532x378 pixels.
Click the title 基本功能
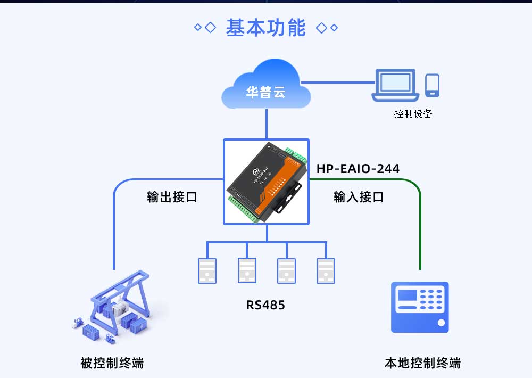265,28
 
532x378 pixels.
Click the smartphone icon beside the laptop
432,86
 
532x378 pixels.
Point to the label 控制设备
413,114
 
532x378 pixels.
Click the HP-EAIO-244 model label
358,169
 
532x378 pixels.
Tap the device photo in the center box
267,181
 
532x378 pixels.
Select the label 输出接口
172,197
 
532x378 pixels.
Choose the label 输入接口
359,197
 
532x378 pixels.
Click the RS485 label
265,305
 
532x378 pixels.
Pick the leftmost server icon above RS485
207,270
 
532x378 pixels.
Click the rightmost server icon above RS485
326,270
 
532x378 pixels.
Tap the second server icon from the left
247,270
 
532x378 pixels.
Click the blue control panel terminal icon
420,307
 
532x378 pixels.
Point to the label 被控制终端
112,363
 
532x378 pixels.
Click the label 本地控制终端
422,363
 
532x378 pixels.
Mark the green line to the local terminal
420,224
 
